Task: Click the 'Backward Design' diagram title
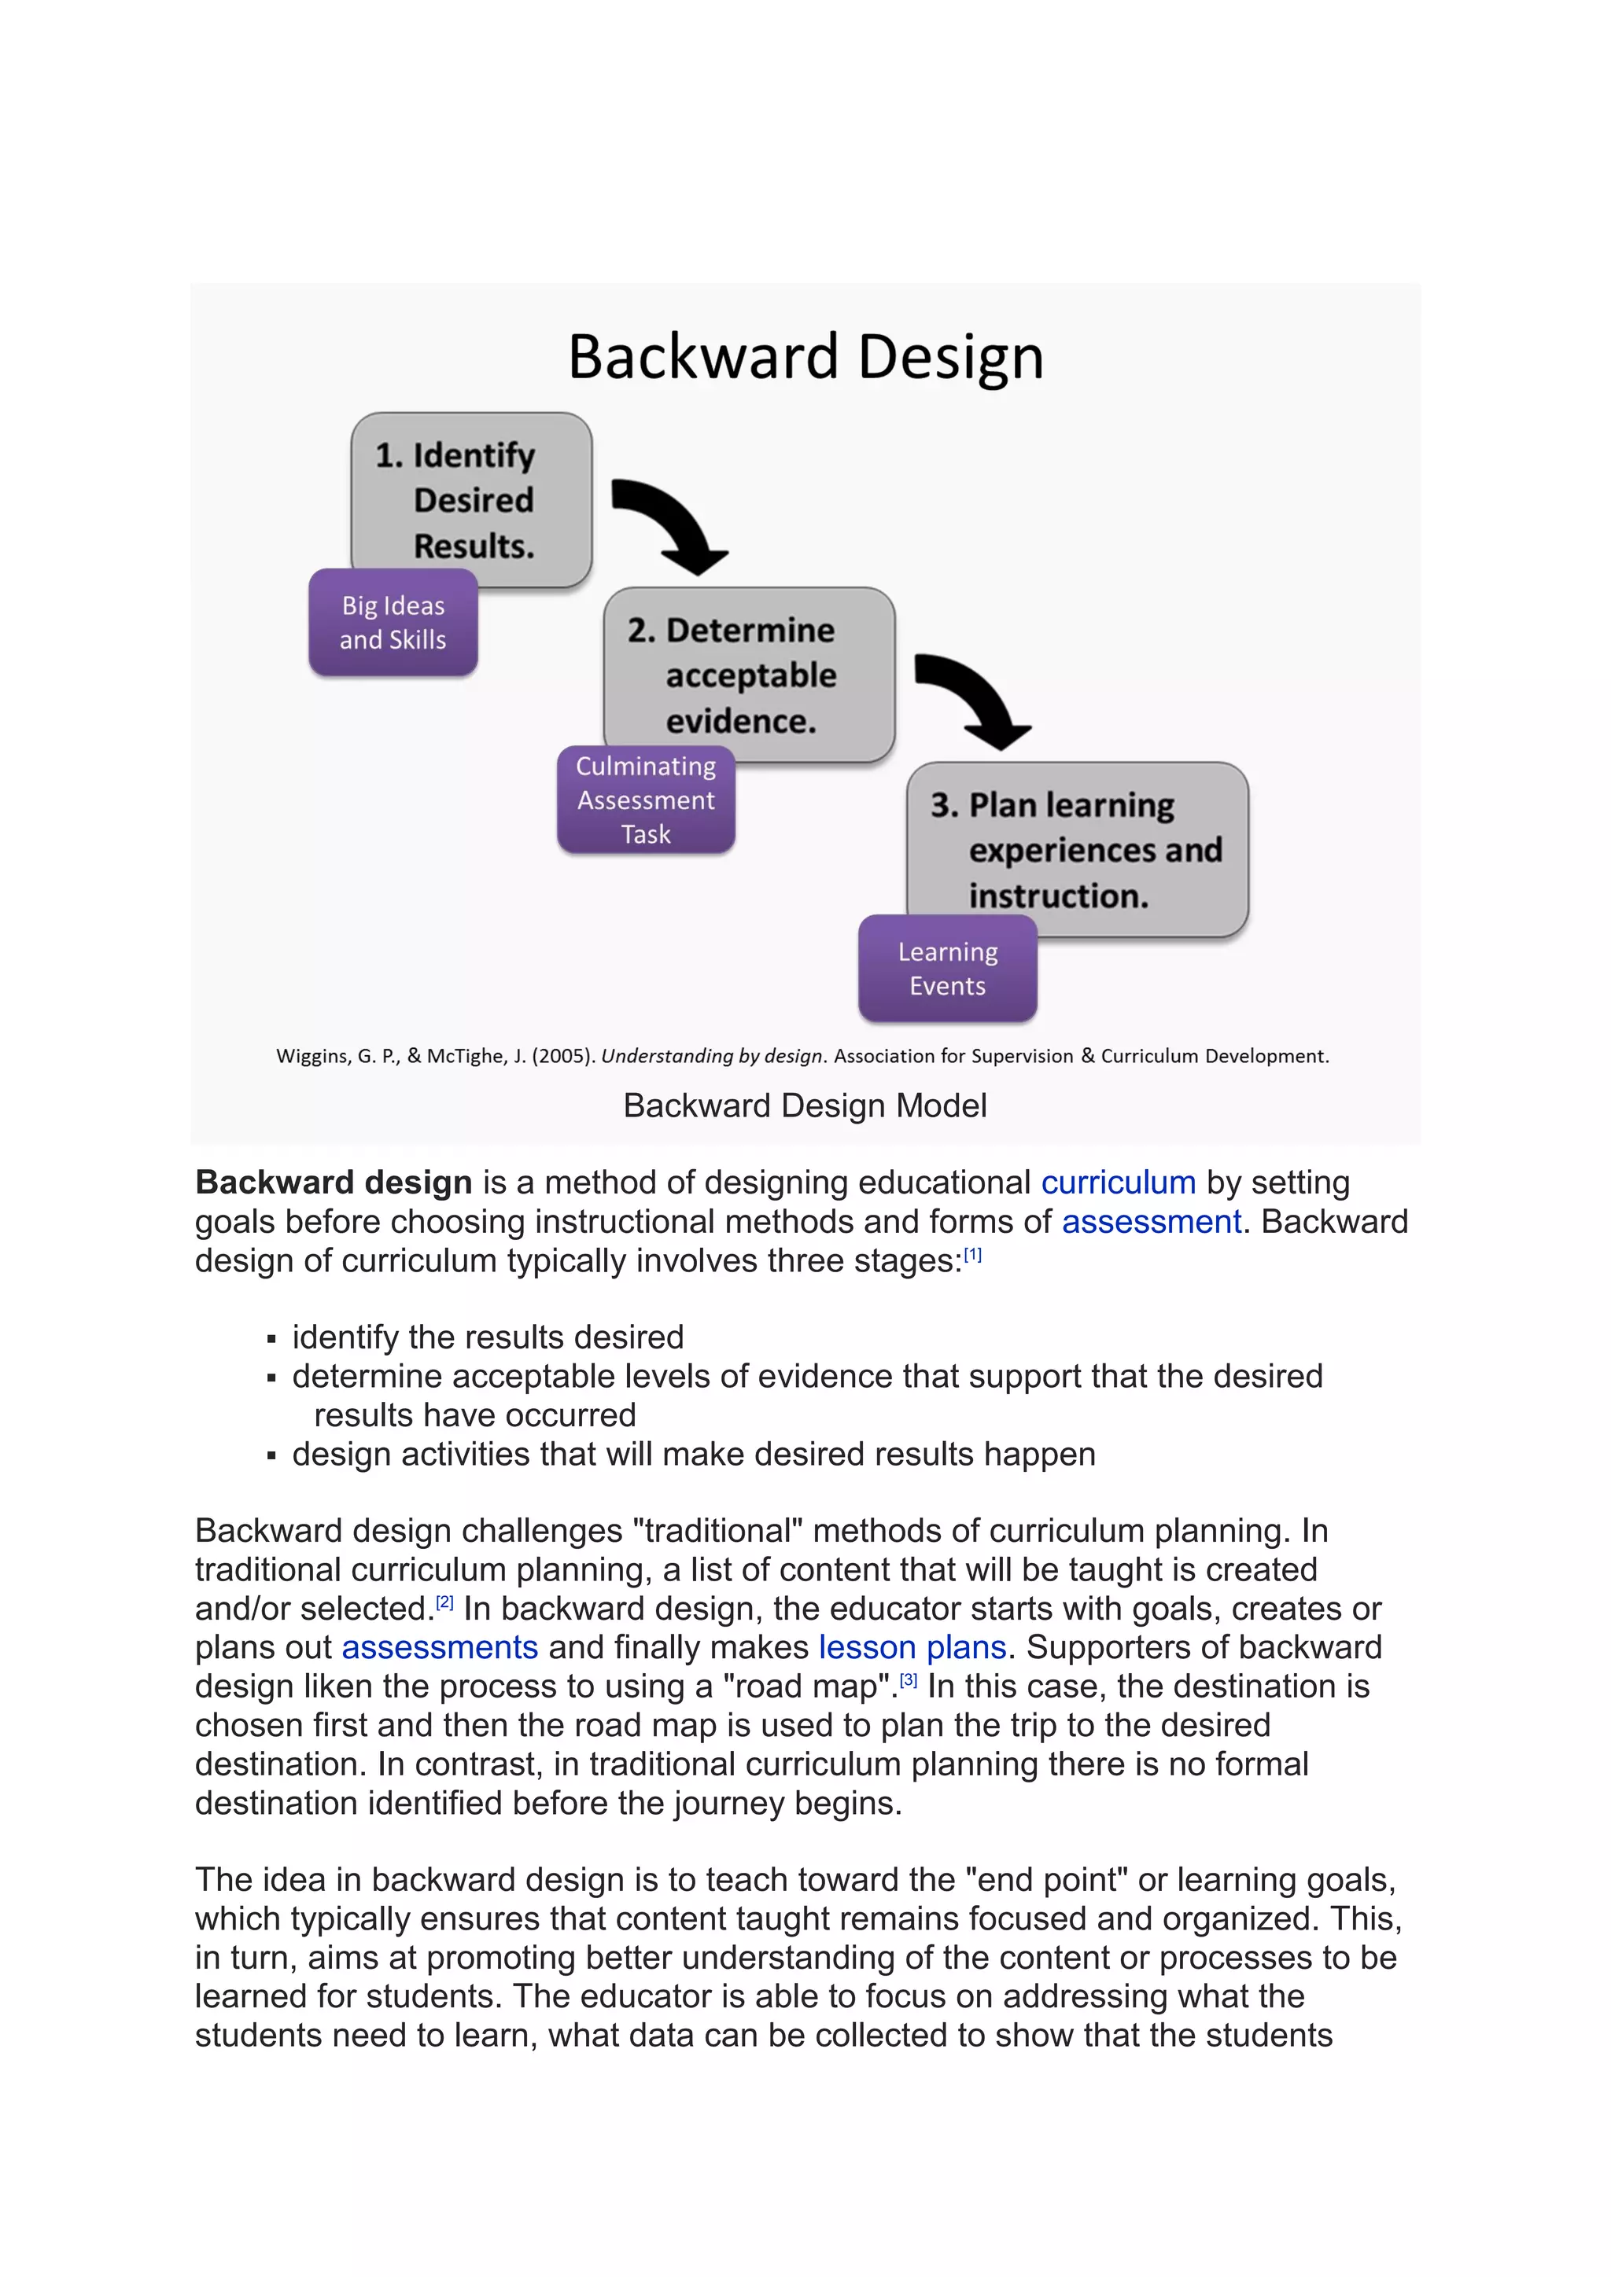pos(805,357)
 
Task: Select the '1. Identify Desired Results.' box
pos(472,498)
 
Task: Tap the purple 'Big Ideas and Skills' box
pos(393,623)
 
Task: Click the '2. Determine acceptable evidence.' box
pos(749,675)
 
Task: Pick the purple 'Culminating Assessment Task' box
pos(646,800)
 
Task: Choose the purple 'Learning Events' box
pos(947,969)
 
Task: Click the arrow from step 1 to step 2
pos(669,524)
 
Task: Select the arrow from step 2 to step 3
pos(972,698)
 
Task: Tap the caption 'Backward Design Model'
pos(805,1105)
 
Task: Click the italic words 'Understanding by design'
pos(711,1056)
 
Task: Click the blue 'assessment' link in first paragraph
pos(1151,1222)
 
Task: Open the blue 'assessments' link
pos(440,1647)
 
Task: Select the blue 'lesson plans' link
pos(912,1647)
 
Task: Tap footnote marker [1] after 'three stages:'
pos(972,1255)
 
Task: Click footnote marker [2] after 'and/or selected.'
pos(444,1602)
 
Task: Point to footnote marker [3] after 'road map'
pos(909,1680)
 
